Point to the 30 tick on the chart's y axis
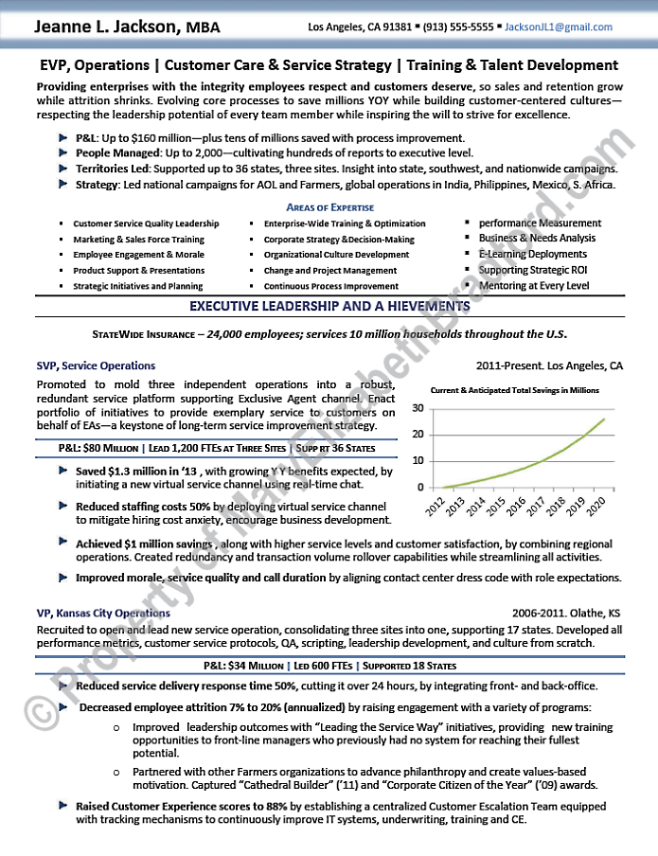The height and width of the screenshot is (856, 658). (x=417, y=408)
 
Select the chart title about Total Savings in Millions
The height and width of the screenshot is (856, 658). (x=515, y=390)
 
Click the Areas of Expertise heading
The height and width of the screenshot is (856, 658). (x=329, y=207)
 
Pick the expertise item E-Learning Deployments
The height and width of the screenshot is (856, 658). (x=532, y=255)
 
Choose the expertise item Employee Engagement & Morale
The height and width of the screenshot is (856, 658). (x=138, y=255)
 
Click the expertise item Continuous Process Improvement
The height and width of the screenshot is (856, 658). (x=330, y=286)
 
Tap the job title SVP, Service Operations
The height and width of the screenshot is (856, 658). (x=96, y=366)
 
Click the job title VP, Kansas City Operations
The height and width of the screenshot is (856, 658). (x=103, y=613)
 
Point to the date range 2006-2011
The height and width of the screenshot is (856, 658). (x=539, y=613)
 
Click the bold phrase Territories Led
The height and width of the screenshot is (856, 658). (x=112, y=169)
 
